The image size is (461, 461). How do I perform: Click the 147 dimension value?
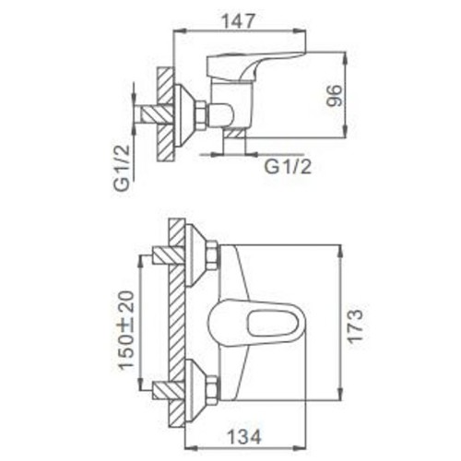pos(238,21)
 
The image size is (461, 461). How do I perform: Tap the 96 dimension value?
pos(334,96)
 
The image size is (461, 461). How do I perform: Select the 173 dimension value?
pos(355,326)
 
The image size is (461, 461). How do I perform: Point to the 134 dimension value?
pos(243,436)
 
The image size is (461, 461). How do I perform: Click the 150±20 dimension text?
pos(127,330)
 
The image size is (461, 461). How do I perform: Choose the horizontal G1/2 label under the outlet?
pos(288,167)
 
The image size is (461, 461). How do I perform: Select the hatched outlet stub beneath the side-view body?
pos(235,133)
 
